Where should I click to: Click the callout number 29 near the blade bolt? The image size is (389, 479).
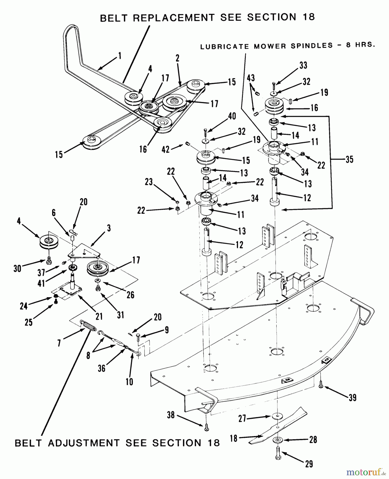pos(309,464)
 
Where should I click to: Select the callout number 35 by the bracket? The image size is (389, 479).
pos(349,159)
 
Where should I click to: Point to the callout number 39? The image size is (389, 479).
pos(353,398)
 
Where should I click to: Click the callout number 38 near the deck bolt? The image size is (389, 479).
pos(171,415)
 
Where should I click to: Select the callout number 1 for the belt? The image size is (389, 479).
pos(120,56)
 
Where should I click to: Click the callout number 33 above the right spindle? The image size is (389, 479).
pos(303,65)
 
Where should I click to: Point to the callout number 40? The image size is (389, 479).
pos(232,116)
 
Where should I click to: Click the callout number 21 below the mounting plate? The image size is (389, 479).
pos(99,316)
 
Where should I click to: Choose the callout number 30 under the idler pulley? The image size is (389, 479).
pos(17,269)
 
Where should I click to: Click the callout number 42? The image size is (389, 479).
pos(166,149)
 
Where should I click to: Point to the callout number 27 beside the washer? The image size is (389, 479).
pos(242,419)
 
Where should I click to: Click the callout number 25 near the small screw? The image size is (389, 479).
pos(28,323)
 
